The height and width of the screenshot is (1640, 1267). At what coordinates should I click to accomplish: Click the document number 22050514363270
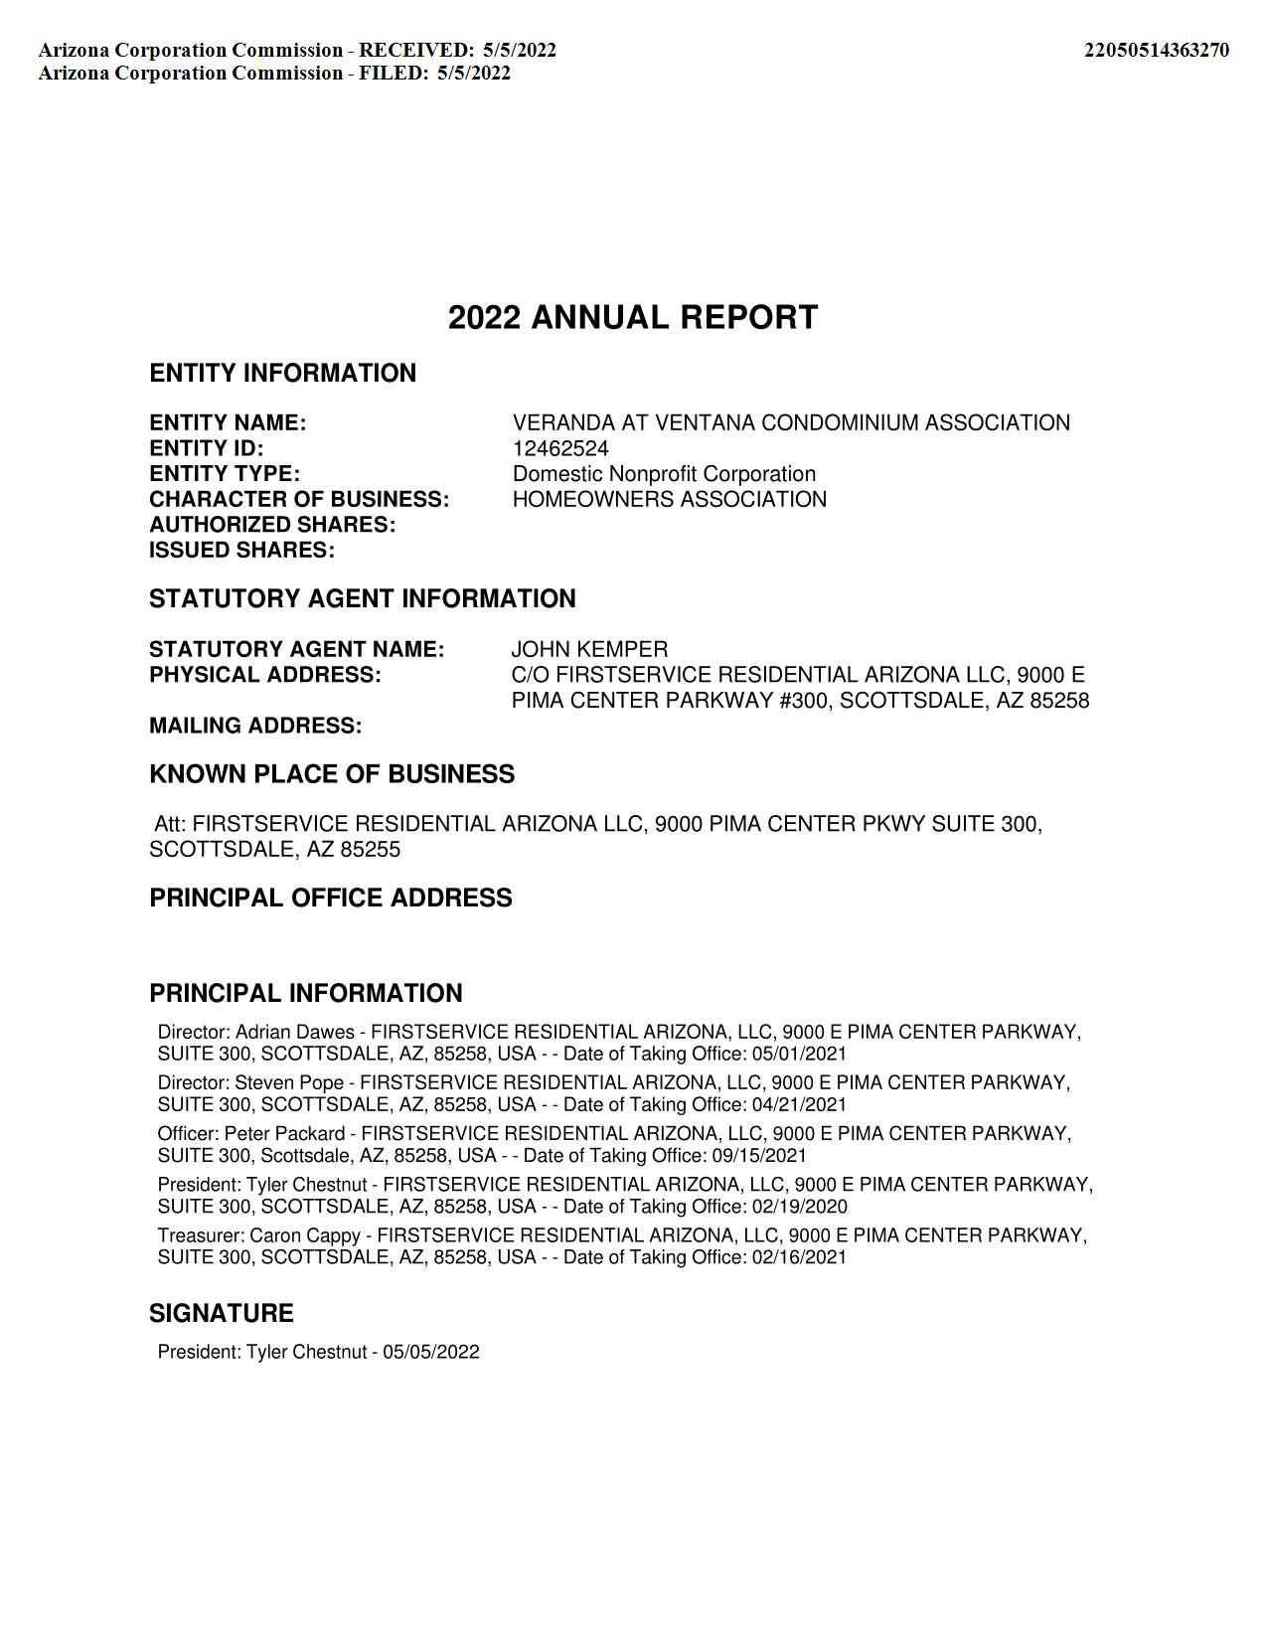[1156, 51]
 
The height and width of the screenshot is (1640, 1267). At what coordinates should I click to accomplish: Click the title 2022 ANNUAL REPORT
[633, 318]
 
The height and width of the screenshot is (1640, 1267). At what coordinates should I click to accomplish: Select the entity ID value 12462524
[560, 448]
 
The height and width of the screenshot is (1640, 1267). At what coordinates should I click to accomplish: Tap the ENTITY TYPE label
[225, 474]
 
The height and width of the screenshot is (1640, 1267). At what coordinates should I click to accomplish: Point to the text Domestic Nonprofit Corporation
[664, 474]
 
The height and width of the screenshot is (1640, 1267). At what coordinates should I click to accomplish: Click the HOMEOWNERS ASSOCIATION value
[669, 499]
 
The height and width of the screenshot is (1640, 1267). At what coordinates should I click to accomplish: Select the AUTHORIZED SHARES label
[272, 525]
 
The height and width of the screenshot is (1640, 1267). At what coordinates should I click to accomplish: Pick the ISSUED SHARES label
[241, 551]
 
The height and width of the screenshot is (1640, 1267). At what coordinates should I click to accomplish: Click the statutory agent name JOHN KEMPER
[589, 650]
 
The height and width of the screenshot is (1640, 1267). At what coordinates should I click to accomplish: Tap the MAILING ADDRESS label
[255, 727]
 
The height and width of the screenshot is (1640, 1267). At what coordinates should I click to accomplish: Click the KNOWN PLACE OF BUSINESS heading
[332, 775]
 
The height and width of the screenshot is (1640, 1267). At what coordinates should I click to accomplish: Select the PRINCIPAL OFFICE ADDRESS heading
[331, 899]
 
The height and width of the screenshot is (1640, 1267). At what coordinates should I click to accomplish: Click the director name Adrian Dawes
[294, 1033]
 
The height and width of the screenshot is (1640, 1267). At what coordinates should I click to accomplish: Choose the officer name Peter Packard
[284, 1134]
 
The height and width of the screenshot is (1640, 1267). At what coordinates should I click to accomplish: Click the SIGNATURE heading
[222, 1314]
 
